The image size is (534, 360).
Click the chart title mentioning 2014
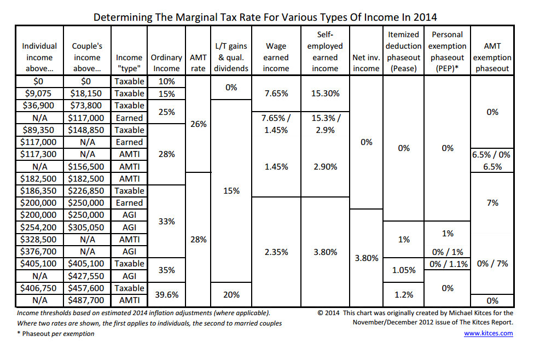[265, 17]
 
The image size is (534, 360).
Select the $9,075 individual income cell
[38, 94]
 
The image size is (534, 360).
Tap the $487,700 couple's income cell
[86, 300]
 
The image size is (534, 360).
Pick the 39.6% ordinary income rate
[166, 294]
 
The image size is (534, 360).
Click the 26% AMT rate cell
[199, 124]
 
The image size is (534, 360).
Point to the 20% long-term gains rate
[231, 294]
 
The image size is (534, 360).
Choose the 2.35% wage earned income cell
[276, 252]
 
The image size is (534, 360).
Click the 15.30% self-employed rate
[325, 94]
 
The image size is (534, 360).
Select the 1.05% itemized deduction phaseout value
[404, 270]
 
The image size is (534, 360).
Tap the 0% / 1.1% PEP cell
[448, 264]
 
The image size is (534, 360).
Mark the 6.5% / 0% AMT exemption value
[491, 155]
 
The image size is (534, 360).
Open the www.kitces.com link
[489, 333]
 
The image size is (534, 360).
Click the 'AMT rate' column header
[198, 63]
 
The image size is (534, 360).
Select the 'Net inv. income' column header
[366, 63]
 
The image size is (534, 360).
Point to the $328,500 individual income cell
[38, 240]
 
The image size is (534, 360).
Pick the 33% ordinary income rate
[166, 222]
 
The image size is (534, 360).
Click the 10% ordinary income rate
[166, 82]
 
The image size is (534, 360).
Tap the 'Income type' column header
[129, 63]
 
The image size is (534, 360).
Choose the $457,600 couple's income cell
[86, 288]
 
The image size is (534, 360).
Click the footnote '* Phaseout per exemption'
[56, 334]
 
